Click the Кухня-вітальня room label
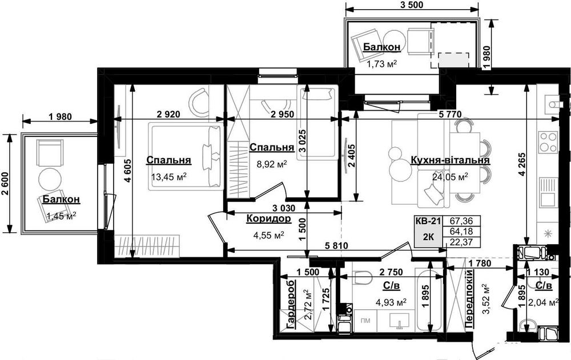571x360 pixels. (450, 160)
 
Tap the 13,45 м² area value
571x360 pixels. (169, 177)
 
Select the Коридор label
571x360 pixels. (269, 219)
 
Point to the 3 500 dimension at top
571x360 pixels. (412, 5)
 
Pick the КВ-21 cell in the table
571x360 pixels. (428, 221)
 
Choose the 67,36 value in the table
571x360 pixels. (461, 221)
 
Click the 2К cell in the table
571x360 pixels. (428, 237)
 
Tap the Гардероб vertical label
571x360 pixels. (291, 305)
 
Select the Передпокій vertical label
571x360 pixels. (469, 300)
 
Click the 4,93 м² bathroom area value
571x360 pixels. (391, 302)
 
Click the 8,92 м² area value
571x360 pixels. (272, 164)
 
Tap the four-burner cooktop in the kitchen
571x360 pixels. (548, 142)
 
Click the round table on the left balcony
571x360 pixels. (50, 178)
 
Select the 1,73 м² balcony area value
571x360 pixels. (381, 64)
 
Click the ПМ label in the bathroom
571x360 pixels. (365, 321)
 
